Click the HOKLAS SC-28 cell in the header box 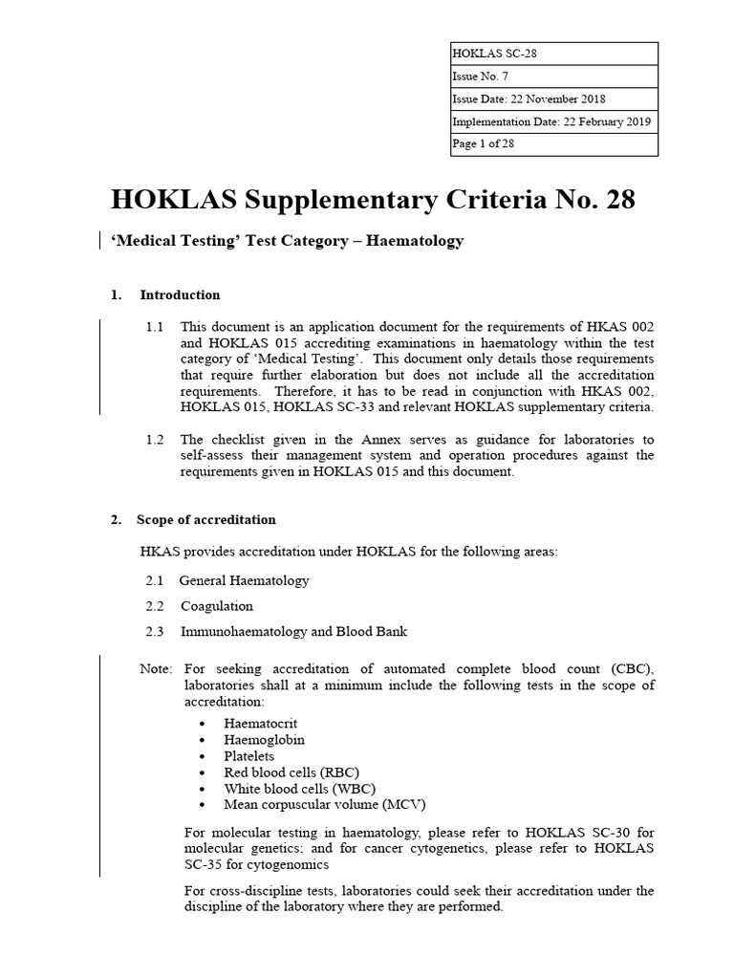click(493, 54)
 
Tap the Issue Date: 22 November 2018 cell click(529, 99)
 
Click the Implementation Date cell click(553, 122)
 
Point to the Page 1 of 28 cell click(484, 144)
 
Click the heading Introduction click(180, 294)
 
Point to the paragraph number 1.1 click(155, 327)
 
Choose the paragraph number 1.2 click(155, 440)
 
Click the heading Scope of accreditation click(205, 520)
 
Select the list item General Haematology click(244, 580)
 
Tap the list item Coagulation click(217, 606)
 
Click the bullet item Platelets click(249, 756)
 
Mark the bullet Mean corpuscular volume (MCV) click(318, 805)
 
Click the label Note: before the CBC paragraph click(156, 667)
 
